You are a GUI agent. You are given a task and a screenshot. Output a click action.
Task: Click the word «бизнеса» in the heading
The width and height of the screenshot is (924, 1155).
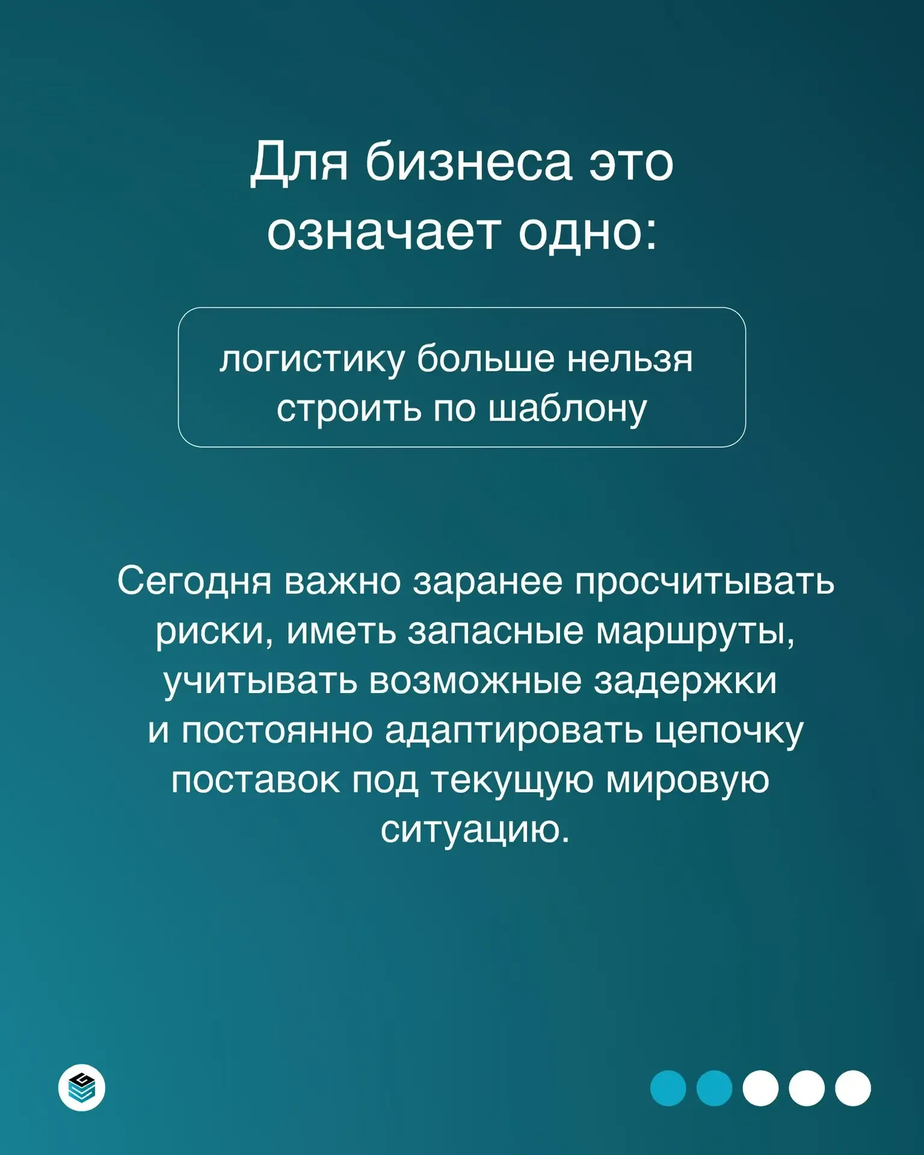(469, 162)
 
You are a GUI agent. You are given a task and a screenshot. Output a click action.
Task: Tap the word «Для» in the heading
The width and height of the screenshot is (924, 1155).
(299, 162)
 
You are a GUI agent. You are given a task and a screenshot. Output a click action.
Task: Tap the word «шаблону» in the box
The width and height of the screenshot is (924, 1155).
(567, 409)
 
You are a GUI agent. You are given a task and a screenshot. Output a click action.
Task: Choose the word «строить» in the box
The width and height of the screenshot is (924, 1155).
(349, 409)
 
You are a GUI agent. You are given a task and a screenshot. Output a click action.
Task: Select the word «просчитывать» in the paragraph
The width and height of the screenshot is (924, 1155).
(704, 582)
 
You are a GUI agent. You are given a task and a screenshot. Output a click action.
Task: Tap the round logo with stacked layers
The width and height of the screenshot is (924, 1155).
(82, 1088)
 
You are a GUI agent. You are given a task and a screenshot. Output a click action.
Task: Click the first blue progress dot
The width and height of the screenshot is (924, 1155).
(668, 1088)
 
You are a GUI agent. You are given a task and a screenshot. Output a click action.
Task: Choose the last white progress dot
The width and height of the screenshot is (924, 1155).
(853, 1088)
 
